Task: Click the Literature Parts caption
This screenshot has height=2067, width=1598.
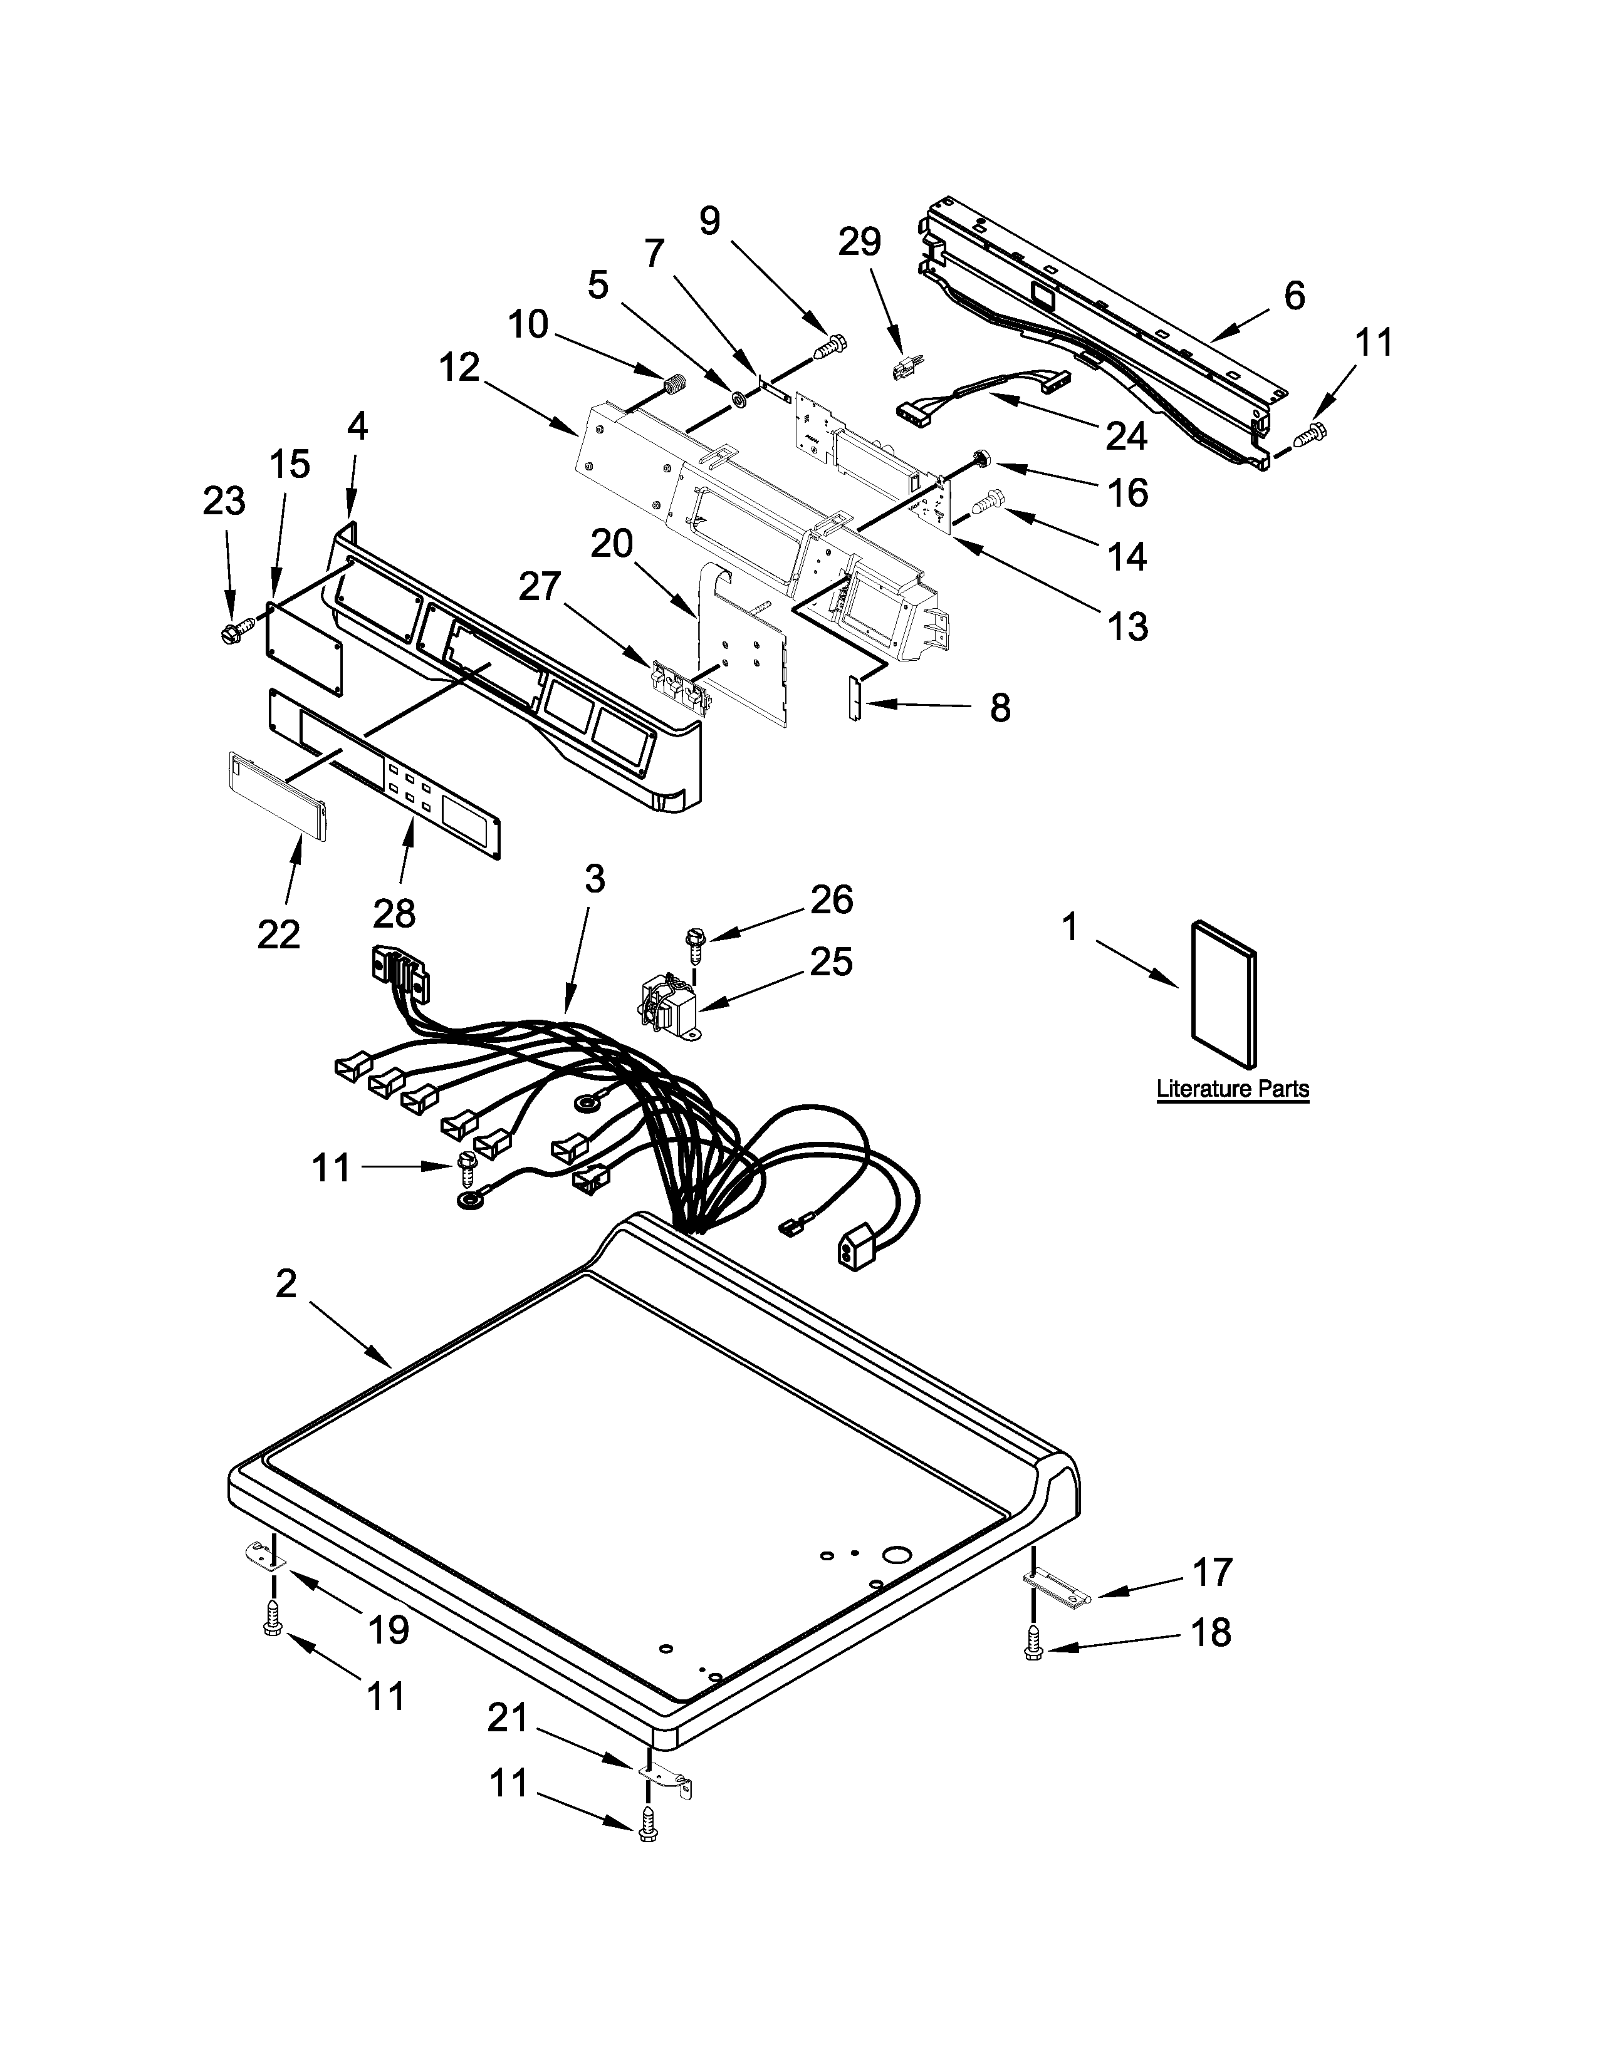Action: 1233,1089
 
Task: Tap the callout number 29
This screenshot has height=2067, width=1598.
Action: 860,242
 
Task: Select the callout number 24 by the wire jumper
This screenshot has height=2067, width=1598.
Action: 1127,435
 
